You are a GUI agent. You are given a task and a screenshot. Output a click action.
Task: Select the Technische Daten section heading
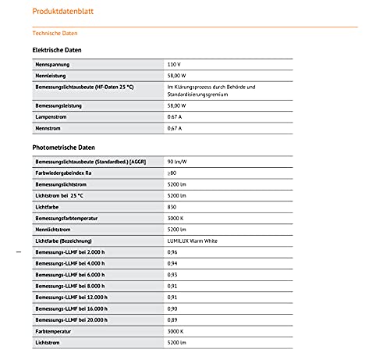(x=55, y=34)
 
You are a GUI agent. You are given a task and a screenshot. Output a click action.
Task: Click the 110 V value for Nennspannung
(x=174, y=63)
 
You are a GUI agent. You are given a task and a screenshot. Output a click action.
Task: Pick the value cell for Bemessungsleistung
(x=176, y=105)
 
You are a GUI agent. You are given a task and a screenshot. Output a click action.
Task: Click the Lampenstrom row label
(x=51, y=116)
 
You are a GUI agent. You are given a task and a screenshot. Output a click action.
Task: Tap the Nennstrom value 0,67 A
(x=175, y=128)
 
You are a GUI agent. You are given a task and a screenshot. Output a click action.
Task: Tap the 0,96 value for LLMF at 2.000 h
(x=172, y=253)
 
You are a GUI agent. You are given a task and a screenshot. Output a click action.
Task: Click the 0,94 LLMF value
(x=172, y=264)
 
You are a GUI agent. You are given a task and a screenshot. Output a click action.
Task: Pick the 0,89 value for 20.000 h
(x=172, y=320)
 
